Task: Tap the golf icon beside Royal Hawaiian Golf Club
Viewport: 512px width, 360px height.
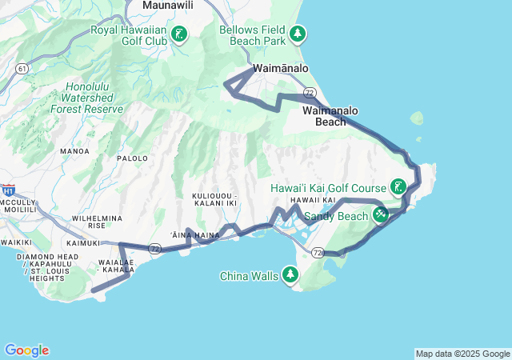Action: (180, 34)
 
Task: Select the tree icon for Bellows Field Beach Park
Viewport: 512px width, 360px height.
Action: (298, 34)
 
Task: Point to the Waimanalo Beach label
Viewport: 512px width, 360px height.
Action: (330, 116)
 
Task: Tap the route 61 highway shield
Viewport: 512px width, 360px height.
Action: (19, 70)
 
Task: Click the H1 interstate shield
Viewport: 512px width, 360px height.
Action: (8, 190)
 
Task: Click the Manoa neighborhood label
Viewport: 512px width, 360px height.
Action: (74, 150)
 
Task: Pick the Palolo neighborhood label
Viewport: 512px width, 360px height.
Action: (133, 158)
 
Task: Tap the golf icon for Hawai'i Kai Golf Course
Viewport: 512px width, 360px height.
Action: (398, 187)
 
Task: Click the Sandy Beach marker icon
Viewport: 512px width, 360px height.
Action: (381, 215)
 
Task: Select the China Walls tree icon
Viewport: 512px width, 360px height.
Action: (290, 276)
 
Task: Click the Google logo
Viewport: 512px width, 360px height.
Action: (26, 350)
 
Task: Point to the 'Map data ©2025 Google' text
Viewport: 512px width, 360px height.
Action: (462, 354)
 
